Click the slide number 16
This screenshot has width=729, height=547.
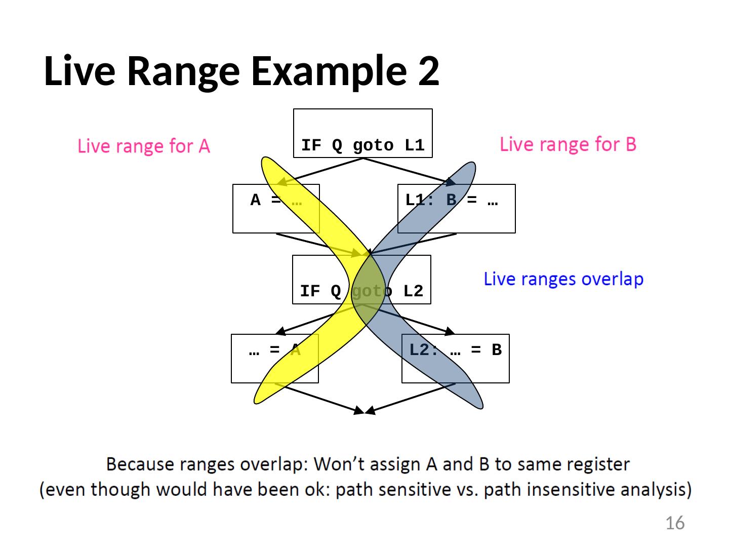[x=675, y=523]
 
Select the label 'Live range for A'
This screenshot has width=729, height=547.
[x=144, y=146]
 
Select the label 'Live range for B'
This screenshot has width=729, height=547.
[x=568, y=144]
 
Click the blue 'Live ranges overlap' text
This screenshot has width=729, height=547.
[x=563, y=279]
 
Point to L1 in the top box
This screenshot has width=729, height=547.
[x=415, y=145]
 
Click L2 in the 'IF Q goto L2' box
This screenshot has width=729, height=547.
[x=413, y=291]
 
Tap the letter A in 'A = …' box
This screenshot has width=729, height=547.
[x=255, y=200]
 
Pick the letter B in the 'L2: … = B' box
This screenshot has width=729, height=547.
[x=497, y=349]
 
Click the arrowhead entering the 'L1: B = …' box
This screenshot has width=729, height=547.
[x=451, y=181]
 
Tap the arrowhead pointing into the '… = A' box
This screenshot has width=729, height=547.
[x=281, y=330]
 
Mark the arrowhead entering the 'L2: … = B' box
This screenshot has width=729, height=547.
[x=450, y=331]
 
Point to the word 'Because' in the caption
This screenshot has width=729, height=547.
[x=140, y=464]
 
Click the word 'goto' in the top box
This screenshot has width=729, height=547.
[x=373, y=146]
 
